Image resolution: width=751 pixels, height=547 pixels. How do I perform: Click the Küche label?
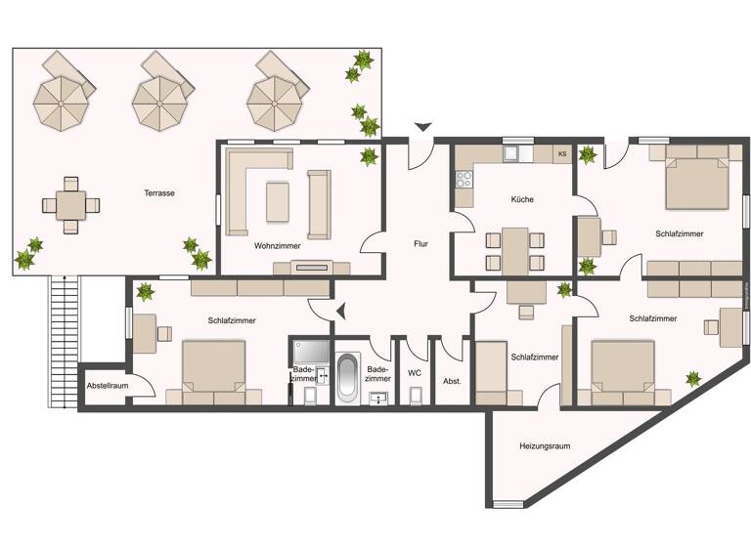(522, 199)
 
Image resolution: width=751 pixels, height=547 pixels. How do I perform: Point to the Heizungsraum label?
(545, 445)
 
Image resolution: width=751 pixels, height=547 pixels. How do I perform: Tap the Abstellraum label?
(108, 386)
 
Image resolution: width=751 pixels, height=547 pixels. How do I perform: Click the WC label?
(415, 372)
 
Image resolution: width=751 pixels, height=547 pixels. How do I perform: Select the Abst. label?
(452, 381)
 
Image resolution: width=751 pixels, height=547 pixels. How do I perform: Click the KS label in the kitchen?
(561, 153)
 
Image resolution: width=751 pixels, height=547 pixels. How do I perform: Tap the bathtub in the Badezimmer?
(348, 378)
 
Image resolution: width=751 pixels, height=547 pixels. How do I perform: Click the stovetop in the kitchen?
(463, 181)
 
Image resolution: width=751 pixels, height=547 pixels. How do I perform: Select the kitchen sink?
(513, 153)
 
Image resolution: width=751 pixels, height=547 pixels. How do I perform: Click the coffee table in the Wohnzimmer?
(277, 202)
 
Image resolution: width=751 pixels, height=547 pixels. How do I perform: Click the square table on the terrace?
(70, 206)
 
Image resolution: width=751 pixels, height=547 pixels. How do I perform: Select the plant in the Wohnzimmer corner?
(369, 156)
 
